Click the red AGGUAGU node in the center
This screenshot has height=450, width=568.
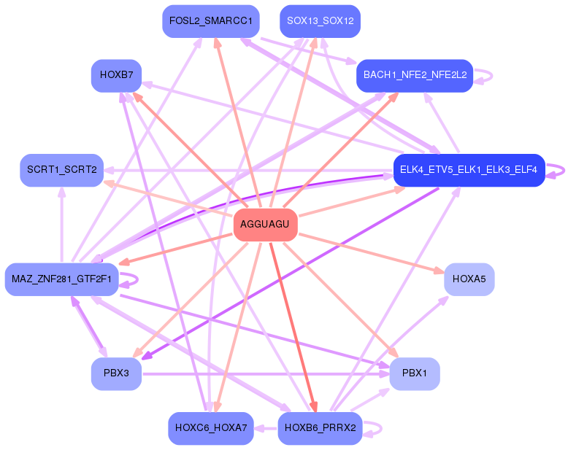click(266, 225)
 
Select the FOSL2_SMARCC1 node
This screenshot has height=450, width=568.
click(211, 21)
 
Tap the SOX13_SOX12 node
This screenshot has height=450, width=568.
click(321, 21)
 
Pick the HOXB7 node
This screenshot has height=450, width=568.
click(116, 76)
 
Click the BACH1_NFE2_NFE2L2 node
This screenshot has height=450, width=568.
click(415, 76)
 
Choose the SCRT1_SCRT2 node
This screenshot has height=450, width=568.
click(62, 171)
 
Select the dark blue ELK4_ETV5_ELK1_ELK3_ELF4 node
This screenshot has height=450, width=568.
click(469, 171)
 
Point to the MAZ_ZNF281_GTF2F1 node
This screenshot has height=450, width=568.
click(61, 279)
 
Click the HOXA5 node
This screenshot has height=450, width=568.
click(469, 279)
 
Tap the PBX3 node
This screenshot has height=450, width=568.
click(116, 373)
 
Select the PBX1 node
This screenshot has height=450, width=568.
click(415, 373)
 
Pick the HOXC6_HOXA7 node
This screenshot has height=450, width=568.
click(211, 428)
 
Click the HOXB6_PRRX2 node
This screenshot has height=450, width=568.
click(321, 428)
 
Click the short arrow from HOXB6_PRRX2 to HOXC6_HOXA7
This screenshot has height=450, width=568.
click(266, 429)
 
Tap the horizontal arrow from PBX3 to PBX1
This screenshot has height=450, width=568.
click(266, 374)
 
